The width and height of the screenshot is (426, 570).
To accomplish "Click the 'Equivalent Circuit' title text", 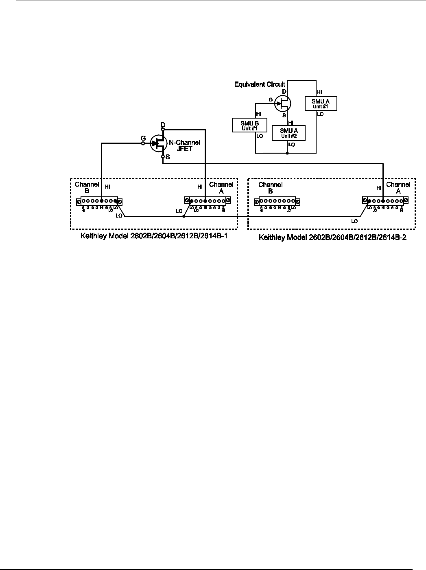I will pos(260,84).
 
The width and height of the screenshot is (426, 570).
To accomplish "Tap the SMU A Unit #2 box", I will pos(288,132).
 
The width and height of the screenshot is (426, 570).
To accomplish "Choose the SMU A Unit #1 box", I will pos(321,103).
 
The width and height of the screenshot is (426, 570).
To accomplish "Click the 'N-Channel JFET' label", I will pos(184,145).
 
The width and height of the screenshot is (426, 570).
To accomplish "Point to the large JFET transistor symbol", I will pos(157,143).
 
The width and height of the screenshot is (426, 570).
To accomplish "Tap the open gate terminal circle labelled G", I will pos(143,143).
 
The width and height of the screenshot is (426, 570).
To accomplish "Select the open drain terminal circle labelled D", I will pos(163,129).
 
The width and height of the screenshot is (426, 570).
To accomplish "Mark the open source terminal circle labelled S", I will pos(163,156).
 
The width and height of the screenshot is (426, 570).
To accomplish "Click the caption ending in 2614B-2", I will pos(333,237).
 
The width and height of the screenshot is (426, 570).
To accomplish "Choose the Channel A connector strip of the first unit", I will pos(208,201).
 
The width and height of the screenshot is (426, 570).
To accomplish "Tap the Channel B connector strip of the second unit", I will pos(277,201).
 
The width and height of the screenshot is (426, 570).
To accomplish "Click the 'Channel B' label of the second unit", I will pos(271,188).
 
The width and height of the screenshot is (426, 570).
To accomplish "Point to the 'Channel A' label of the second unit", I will pos(398,188).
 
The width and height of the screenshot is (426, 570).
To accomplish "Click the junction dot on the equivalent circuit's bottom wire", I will pos(288,153).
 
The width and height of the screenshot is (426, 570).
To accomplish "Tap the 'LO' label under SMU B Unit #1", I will pos(260,136).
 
